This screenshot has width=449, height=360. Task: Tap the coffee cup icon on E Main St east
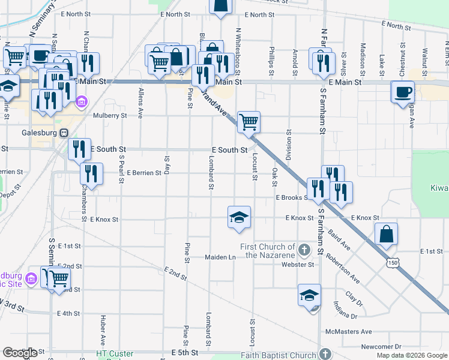pyautogui.click(x=402, y=92)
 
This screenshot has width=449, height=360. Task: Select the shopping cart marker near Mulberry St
pyautogui.click(x=248, y=122)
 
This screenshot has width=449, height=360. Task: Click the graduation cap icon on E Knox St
pyautogui.click(x=239, y=217)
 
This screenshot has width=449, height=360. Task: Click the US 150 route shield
pyautogui.click(x=393, y=262)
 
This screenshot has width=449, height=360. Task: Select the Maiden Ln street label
pyautogui.click(x=220, y=257)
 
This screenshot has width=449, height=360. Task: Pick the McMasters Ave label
pyautogui.click(x=348, y=331)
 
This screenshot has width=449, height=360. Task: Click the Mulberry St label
pyautogui.click(x=110, y=115)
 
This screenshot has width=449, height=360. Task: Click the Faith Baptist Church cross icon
pyautogui.click(x=325, y=354)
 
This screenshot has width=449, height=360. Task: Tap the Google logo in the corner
pyautogui.click(x=19, y=353)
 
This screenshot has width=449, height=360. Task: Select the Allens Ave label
pyautogui.click(x=141, y=98)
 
